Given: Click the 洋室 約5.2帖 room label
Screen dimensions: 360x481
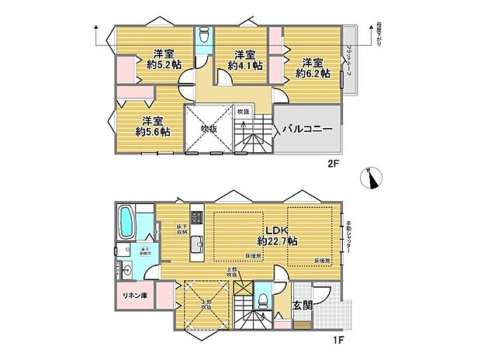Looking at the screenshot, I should click(162, 60).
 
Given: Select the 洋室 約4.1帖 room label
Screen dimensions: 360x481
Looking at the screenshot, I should click(245, 60).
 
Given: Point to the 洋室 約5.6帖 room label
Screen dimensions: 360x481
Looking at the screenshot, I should click(151, 126).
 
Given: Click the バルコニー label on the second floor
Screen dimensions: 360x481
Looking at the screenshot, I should click(307, 129).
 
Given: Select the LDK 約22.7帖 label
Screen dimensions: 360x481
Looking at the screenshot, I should click(277, 234).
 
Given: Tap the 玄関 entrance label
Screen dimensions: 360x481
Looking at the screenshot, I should click(303, 306).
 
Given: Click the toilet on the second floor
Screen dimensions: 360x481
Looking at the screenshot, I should click(203, 36).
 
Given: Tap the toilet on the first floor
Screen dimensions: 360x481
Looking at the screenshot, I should click(263, 299).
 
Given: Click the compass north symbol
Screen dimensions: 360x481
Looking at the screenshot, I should click(376, 179).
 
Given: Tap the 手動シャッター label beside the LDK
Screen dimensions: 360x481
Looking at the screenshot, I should click(349, 236).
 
